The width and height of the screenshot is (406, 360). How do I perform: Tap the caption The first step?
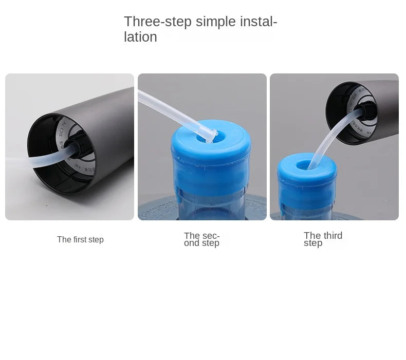click(80, 240)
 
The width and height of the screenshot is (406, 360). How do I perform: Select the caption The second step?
click(201, 240)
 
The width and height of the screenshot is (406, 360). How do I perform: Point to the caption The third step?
click(323, 239)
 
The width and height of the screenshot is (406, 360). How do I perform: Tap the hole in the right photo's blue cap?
click(304, 165)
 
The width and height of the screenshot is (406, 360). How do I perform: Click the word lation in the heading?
click(140, 37)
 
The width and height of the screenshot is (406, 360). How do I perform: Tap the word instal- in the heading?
click(259, 22)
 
